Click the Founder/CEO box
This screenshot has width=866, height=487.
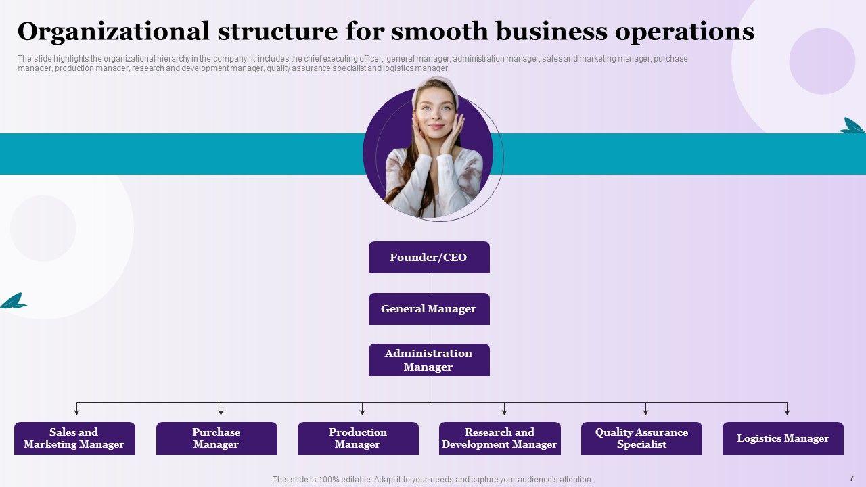tap(429, 258)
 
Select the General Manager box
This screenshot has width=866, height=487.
tap(429, 309)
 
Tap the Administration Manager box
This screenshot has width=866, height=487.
tap(429, 360)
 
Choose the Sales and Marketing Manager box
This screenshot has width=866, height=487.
tap(74, 438)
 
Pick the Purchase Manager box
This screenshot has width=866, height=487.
tap(216, 438)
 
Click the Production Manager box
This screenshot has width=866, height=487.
tap(358, 438)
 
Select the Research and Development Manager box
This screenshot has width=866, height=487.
tap(499, 438)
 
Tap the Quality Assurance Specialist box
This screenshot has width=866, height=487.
tap(641, 438)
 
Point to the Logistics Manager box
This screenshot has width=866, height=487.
tap(783, 438)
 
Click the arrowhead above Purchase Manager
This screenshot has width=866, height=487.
tap(221, 411)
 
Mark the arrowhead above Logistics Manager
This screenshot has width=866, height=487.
tap(787, 411)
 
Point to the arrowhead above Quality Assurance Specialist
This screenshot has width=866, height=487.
tap(645, 411)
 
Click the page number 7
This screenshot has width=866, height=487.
tap(851, 478)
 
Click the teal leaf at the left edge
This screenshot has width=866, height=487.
tap(13, 302)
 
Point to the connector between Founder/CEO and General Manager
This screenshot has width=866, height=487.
tap(430, 283)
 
